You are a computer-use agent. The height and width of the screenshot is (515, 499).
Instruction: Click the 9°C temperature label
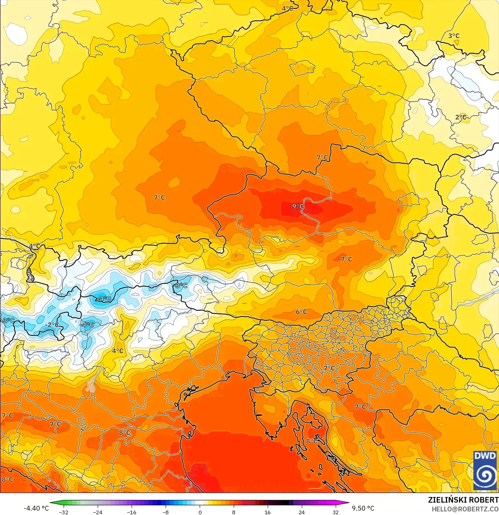tap(298, 206)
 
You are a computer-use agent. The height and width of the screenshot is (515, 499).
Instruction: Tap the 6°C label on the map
tap(301, 312)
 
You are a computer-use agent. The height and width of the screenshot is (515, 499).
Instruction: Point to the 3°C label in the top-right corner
tap(453, 36)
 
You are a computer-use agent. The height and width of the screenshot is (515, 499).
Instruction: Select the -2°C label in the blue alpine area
tap(52, 325)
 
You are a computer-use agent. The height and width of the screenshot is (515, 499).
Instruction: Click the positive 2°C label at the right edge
tap(461, 117)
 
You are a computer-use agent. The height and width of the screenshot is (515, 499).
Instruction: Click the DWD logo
tap(485, 470)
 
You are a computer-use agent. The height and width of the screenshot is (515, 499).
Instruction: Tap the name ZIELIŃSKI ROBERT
tap(463, 500)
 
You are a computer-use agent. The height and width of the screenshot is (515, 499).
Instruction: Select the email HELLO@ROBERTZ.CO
tap(465, 509)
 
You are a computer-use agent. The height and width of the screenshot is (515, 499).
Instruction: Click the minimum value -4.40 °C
tap(36, 508)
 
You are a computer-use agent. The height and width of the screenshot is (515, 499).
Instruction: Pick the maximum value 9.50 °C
tap(363, 508)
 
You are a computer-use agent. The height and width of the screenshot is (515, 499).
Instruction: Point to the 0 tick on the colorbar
tap(200, 512)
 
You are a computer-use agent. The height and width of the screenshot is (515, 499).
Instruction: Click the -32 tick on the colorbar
tap(64, 512)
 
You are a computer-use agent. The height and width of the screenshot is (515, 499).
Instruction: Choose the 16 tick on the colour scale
tap(267, 512)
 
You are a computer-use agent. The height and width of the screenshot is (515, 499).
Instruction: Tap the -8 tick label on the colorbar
tap(165, 512)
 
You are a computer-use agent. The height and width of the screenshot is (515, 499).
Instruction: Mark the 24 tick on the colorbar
tap(301, 512)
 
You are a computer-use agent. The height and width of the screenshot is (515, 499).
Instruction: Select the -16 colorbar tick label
tap(132, 512)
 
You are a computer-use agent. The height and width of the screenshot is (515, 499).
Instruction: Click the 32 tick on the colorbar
tap(335, 512)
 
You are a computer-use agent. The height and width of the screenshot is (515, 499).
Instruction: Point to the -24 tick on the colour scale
tap(98, 512)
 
